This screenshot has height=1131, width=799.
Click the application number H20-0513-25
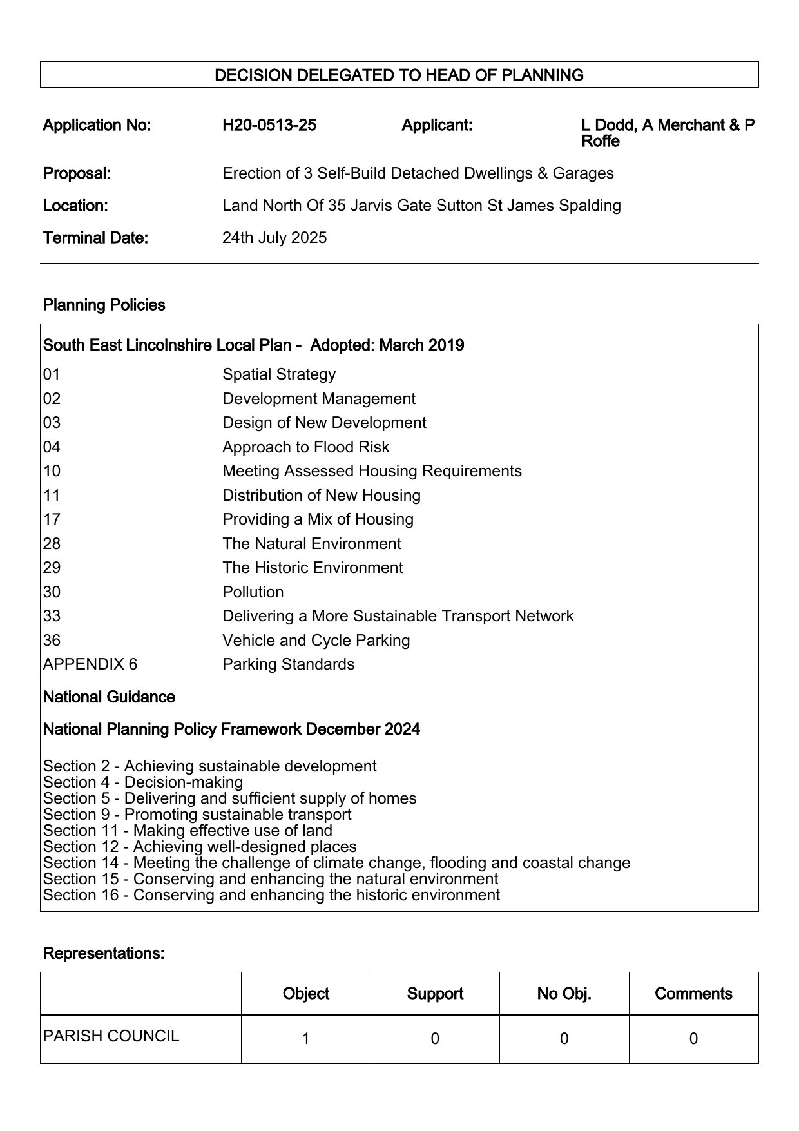[x=269, y=125]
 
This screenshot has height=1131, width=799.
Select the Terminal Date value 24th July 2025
[x=274, y=238]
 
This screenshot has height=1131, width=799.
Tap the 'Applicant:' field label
[x=437, y=125]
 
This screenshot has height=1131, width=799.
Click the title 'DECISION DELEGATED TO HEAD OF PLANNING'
[x=399, y=75]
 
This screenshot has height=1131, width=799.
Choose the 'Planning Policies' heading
[x=104, y=305]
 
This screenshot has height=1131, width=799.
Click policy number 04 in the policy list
[x=52, y=447]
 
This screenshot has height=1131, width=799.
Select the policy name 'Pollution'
[x=253, y=592]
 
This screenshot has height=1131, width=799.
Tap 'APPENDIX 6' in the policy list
[x=90, y=664]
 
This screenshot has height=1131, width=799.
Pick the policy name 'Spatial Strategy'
[x=279, y=374]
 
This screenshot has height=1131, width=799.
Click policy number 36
[x=52, y=641]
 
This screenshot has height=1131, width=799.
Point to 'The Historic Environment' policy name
[x=313, y=568]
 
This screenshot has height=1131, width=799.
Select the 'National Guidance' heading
[x=109, y=697]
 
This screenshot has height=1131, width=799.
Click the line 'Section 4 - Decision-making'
[x=143, y=782]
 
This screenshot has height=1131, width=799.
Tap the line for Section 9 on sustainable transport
[x=197, y=815]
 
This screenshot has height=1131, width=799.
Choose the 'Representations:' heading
[x=104, y=953]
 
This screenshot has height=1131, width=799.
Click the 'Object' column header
[x=306, y=994]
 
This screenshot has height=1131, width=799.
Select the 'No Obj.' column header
[x=564, y=994]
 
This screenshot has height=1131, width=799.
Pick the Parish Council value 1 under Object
[x=306, y=1039]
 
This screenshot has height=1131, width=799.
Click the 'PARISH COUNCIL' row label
[x=111, y=1036]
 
